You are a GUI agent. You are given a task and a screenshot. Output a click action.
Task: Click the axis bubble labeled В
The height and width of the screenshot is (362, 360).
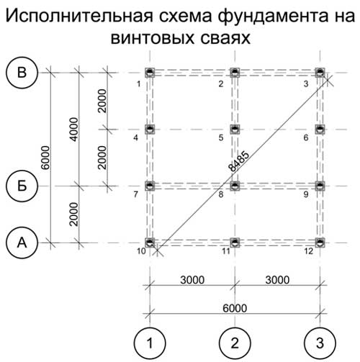[x=22, y=73]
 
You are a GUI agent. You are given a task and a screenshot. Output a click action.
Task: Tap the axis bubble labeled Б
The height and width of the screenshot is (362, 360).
[x=22, y=186]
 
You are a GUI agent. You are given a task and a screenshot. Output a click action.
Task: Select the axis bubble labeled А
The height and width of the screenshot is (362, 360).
[x=22, y=243]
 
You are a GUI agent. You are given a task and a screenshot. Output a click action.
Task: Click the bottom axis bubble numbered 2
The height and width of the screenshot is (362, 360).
[x=235, y=343]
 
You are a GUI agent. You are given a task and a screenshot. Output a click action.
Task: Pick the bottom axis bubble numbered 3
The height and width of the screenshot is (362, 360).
[x=320, y=343]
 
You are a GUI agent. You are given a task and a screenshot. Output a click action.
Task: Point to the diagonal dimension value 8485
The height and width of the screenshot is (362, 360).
[x=238, y=161]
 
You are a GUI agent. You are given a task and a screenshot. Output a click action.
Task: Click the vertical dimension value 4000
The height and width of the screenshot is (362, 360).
[x=73, y=130]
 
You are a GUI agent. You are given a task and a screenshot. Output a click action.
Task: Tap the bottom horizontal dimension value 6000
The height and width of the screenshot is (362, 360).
[x=235, y=308]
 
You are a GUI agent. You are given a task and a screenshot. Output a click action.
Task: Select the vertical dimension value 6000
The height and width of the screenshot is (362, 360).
[x=45, y=158]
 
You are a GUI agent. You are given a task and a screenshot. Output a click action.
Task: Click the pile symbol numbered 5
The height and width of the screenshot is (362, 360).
[x=235, y=130]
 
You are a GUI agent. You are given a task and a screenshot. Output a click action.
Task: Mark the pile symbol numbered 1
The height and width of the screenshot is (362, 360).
[x=150, y=73]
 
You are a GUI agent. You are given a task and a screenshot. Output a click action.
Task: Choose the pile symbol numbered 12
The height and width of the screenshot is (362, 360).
[x=320, y=243]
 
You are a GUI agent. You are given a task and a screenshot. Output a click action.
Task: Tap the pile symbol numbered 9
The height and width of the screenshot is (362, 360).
[x=320, y=186]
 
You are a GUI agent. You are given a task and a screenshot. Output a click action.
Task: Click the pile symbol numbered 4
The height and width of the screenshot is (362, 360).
[x=150, y=130]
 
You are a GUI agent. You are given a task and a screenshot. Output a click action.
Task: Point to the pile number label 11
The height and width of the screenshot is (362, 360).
[x=226, y=251]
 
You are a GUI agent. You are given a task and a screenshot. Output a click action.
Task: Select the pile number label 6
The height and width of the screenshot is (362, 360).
[x=306, y=137]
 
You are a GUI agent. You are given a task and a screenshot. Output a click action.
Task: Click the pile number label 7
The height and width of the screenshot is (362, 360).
[x=136, y=194]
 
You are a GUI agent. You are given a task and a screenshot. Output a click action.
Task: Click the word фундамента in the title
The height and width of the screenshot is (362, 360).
[x=272, y=17]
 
